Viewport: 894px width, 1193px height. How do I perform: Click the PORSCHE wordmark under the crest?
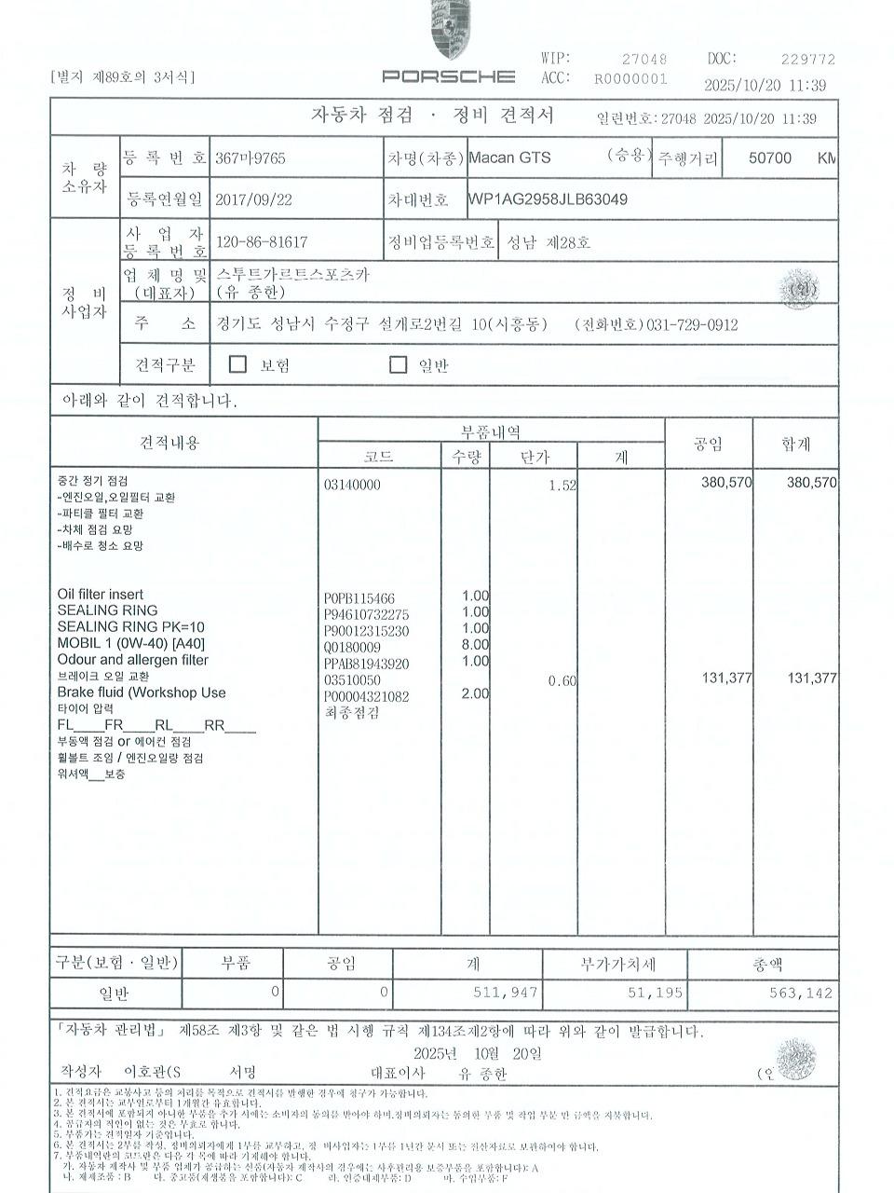click(x=448, y=76)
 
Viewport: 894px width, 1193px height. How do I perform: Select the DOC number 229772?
click(x=807, y=59)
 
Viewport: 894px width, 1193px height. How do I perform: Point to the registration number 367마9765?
click(x=250, y=158)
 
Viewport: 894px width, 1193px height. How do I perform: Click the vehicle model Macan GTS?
click(x=509, y=158)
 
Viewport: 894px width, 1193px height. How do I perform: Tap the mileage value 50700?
click(x=770, y=158)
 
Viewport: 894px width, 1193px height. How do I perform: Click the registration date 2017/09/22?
click(x=253, y=199)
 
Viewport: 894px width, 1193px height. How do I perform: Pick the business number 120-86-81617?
click(x=262, y=242)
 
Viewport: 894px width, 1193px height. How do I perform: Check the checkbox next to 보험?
click(x=237, y=363)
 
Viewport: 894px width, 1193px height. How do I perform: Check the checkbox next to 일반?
click(x=398, y=364)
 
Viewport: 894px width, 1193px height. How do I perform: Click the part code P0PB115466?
click(x=359, y=598)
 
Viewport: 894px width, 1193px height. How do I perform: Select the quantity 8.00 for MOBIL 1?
click(x=475, y=644)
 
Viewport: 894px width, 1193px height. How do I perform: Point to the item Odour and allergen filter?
click(x=132, y=660)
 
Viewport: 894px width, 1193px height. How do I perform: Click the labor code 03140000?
click(x=351, y=485)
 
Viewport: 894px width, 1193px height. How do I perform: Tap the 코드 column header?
click(x=378, y=457)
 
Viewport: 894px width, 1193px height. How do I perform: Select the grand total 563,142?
click(x=801, y=993)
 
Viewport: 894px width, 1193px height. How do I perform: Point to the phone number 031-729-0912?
click(x=691, y=324)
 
